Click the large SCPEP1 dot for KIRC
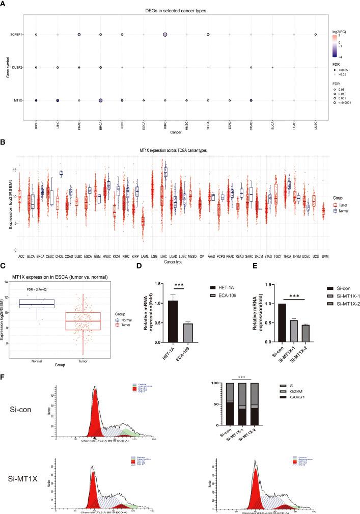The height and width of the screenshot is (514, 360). click(x=165, y=35)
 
